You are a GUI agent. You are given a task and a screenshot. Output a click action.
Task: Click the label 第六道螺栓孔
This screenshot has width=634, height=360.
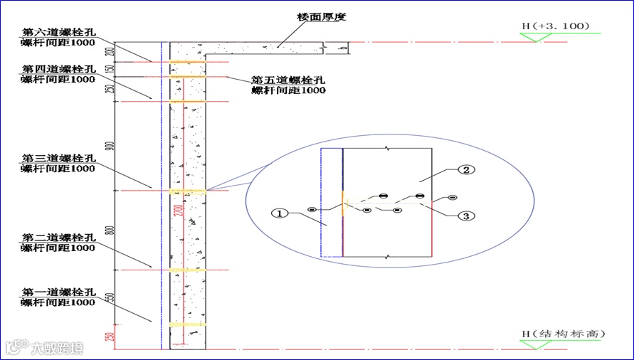(58, 32)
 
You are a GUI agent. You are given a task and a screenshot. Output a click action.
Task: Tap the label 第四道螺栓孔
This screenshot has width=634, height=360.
(58, 69)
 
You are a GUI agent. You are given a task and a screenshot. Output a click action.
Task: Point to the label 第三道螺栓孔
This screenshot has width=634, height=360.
(58, 158)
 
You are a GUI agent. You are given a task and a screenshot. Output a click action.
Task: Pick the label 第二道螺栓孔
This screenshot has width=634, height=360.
(58, 238)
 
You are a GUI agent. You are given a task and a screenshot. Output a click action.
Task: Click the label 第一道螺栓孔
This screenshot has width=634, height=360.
(58, 292)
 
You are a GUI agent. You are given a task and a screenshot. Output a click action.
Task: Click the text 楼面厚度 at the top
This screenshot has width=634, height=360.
(322, 16)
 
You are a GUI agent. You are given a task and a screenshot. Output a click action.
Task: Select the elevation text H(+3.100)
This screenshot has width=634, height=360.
(556, 26)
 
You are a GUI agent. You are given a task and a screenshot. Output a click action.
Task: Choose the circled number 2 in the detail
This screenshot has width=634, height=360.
(466, 170)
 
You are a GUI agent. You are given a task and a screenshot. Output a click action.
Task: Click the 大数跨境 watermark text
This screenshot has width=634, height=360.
(56, 348)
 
